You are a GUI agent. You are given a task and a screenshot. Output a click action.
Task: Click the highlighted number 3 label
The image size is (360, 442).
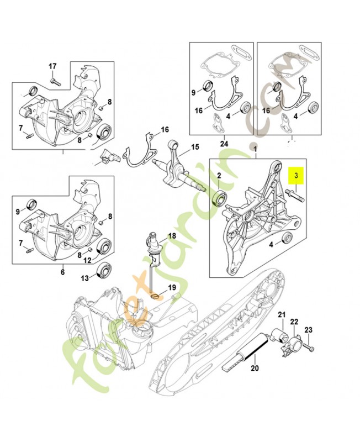[x=297, y=176]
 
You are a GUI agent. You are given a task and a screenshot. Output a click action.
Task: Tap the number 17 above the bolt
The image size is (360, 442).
[x=52, y=66]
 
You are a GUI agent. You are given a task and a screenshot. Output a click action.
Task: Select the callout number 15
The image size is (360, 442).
[x=194, y=147]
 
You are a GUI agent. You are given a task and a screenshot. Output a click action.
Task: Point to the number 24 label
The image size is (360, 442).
[x=223, y=144]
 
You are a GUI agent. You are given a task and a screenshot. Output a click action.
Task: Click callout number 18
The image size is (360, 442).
[x=172, y=236]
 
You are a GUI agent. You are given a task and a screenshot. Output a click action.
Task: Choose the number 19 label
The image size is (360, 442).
[x=172, y=288]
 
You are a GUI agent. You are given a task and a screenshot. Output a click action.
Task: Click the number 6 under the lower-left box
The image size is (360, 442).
[x=62, y=272]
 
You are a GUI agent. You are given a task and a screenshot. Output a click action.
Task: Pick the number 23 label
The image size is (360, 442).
[x=308, y=330]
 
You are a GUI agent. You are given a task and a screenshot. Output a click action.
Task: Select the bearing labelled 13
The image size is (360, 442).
[x=103, y=271]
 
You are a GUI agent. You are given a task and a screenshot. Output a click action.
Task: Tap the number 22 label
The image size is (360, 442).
[x=294, y=322]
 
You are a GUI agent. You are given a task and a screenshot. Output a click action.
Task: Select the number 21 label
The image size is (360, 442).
[x=280, y=315]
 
